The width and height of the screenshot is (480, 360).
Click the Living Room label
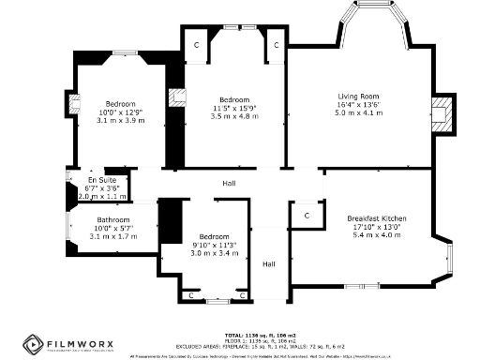pos(358,95)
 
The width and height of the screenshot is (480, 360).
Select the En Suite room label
pos(97,179)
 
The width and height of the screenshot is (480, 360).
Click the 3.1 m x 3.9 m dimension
pos(120,122)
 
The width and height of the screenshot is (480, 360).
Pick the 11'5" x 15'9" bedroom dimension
pos(233,109)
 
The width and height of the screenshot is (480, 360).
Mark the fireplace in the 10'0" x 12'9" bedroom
pos(78,103)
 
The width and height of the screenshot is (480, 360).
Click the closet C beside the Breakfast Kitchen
pos(307,216)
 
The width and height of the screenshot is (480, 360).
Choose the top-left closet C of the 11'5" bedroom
pos(197,44)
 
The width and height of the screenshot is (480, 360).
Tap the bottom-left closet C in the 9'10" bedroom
pos(190,295)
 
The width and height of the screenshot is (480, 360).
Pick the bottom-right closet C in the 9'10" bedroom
pos(244,295)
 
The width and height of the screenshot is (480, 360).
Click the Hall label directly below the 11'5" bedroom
pos(229,183)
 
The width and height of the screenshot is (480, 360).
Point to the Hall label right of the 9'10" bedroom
pos(269,264)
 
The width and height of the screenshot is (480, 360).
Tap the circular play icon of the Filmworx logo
pos(32,347)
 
